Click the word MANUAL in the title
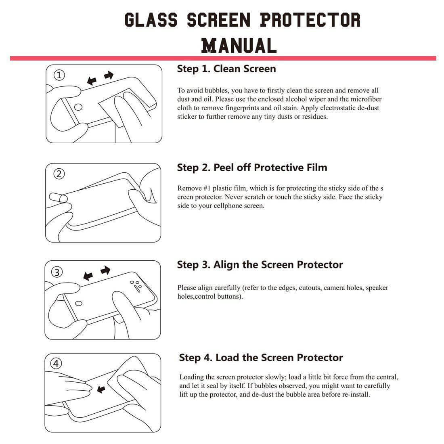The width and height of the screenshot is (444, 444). click(x=239, y=45)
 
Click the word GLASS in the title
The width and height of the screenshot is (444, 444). click(x=151, y=20)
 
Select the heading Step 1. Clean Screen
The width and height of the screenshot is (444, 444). click(x=226, y=69)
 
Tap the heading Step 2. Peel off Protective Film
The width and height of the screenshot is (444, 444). click(x=252, y=168)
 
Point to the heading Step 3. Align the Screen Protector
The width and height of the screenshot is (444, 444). click(x=260, y=265)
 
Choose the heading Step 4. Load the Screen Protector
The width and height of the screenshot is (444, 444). click(x=261, y=358)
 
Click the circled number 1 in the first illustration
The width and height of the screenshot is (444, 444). click(x=59, y=75)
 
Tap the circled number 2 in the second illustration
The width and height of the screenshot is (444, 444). click(x=59, y=174)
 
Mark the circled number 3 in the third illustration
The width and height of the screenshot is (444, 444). click(x=57, y=272)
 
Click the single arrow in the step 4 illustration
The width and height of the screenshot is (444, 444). click(x=101, y=389)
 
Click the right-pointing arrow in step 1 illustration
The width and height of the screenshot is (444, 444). click(x=109, y=75)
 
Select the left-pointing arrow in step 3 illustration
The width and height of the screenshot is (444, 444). click(x=88, y=276)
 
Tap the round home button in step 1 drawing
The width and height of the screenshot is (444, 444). click(x=79, y=107)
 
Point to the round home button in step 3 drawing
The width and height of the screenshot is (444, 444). click(x=80, y=303)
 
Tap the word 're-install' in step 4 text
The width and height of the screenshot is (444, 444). click(x=356, y=394)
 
